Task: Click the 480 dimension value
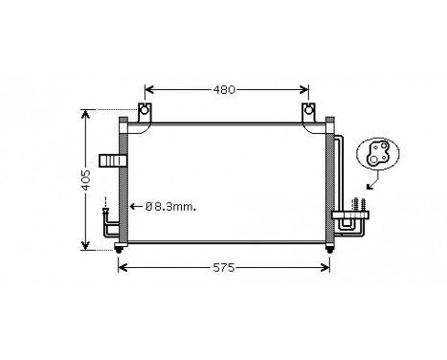coord(223,90)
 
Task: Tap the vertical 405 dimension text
coord(85,179)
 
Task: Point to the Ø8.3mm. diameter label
coord(169,206)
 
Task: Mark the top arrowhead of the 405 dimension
coord(85,114)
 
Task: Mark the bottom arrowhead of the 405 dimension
coord(85,246)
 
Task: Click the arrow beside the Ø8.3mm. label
coord(135,206)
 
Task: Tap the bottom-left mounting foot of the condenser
coord(120,250)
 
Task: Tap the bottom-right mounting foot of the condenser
coord(330,250)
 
